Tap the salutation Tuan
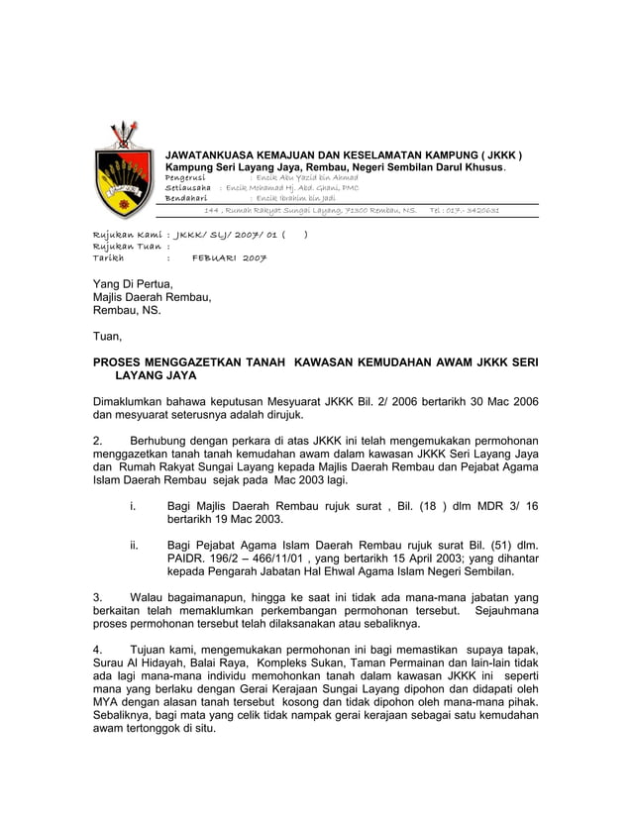click(x=107, y=336)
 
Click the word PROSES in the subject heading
click(x=122, y=363)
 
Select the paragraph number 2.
click(x=96, y=440)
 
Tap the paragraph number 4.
click(x=96, y=649)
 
